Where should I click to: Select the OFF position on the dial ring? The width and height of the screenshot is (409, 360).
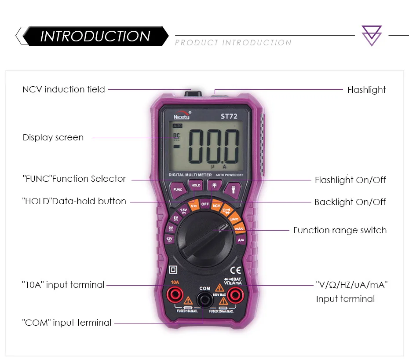pyautogui.click(x=205, y=204)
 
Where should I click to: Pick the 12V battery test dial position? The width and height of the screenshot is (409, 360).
pyautogui.click(x=169, y=239)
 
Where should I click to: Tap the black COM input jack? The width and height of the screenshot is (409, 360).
pyautogui.click(x=204, y=301)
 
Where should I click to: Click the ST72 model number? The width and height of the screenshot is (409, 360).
pyautogui.click(x=229, y=117)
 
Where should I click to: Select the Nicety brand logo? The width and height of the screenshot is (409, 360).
pyautogui.click(x=182, y=116)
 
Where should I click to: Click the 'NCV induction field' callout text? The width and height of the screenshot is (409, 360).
pyautogui.click(x=64, y=89)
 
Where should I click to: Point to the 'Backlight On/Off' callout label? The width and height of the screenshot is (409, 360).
pyautogui.click(x=350, y=202)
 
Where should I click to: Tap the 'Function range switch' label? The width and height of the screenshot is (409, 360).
pyautogui.click(x=340, y=230)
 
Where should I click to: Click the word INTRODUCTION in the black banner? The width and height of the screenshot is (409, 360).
pyautogui.click(x=95, y=36)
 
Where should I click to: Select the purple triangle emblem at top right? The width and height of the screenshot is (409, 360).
pyautogui.click(x=372, y=36)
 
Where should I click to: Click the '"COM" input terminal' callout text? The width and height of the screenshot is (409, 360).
pyautogui.click(x=67, y=323)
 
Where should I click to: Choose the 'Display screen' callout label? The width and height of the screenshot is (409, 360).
pyautogui.click(x=53, y=137)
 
